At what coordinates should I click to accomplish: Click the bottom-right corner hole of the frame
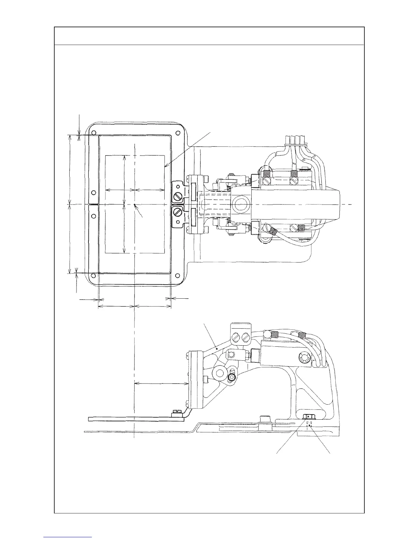pos(177,275)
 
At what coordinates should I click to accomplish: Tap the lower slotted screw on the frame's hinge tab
pos(177,212)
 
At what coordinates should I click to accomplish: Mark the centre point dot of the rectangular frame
pos(135,205)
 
